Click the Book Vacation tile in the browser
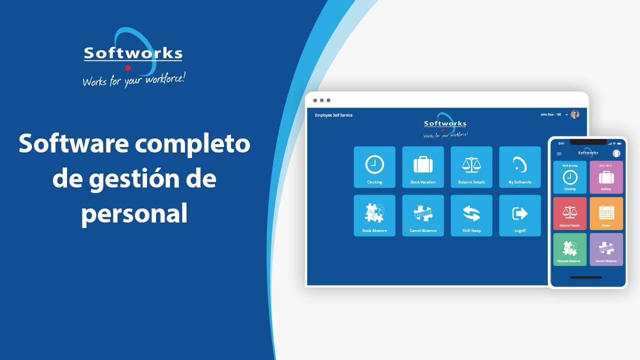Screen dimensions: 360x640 pos(423,167)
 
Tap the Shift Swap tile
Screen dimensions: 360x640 pos(471,215)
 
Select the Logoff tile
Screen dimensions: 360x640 pos(520,215)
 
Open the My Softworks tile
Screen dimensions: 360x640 pos(520,167)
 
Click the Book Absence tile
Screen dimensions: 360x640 pos(374,215)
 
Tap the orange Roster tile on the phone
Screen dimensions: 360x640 pos(606,213)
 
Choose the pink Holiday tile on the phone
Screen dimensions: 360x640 pos(606,177)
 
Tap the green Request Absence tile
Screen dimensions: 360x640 pos(569,249)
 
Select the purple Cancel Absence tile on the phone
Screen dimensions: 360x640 pos(606,249)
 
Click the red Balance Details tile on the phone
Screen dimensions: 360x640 pos(569,213)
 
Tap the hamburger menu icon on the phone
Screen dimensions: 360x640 pos(559,153)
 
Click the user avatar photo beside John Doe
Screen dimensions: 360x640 pos(575,114)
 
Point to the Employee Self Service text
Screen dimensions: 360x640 pos(333,115)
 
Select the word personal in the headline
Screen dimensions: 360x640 pos(134,213)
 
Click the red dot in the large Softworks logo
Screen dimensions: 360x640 pos(128,68)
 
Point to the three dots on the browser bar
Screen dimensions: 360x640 pos(321,100)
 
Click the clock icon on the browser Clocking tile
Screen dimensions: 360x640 pos(374,164)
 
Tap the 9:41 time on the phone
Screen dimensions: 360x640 pos(561,143)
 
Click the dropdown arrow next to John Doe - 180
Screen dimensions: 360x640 pos(566,114)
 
